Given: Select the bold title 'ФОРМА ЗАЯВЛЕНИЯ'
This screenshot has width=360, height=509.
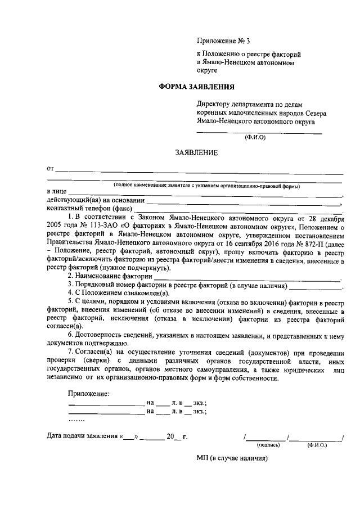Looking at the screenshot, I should tap(196, 87).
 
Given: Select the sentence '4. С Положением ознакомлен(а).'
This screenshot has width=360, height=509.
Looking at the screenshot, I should tap(118, 294).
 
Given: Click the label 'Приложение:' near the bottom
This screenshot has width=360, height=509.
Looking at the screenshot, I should tap(88, 393).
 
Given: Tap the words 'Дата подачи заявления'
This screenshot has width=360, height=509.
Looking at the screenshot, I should tap(81, 436).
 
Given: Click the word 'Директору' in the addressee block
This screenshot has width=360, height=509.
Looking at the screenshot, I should tap(213, 104).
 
